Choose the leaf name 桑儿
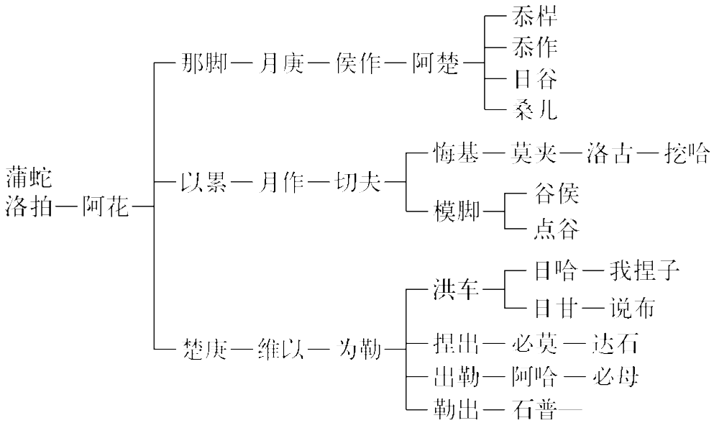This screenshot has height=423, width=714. [536, 109]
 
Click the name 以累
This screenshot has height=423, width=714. [204, 183]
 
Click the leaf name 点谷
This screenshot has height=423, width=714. [557, 230]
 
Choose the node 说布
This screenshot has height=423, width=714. [631, 308]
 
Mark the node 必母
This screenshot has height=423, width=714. [615, 376]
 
